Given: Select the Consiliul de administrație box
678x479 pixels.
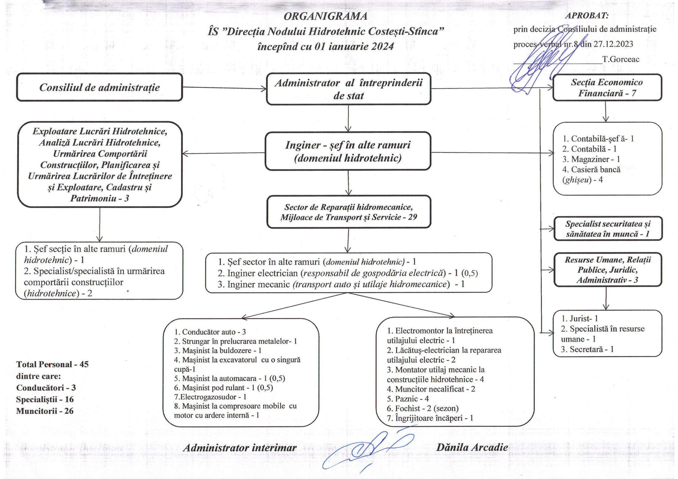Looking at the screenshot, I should tap(99, 87).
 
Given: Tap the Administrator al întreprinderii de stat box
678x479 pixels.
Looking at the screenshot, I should tap(348, 89).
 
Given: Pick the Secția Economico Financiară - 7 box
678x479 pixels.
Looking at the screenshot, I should tap(607, 88).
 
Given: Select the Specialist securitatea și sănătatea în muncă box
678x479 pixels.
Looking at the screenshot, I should tap(608, 229).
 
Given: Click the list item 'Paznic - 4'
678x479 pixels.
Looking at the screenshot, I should tap(408, 399).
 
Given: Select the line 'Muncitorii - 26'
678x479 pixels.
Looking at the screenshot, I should tap(45, 411).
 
